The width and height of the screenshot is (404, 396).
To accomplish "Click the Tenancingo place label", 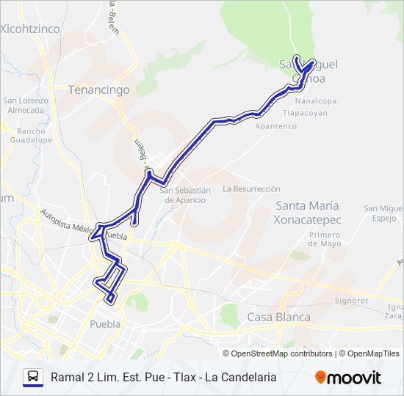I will [98, 90].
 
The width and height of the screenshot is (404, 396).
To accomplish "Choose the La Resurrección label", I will [252, 188].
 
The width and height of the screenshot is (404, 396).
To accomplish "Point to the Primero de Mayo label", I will [325, 239].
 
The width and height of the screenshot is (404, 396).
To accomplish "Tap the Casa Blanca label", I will [278, 318].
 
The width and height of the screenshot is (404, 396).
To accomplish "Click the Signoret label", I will [350, 301].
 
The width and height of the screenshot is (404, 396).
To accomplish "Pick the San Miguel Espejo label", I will [383, 213].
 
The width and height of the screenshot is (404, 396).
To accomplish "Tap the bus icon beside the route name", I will [32, 377].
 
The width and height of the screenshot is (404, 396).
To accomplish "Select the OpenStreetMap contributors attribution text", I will [282, 353].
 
